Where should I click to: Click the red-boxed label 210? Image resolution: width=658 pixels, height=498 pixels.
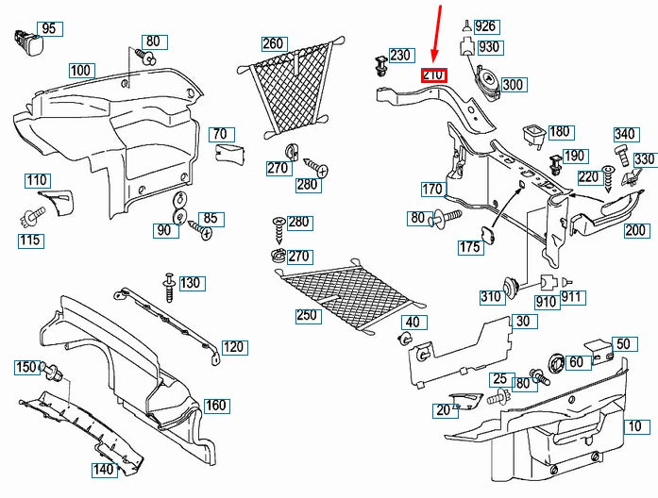pos(434,76)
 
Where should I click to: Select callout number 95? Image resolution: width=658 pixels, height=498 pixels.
pos(49,29)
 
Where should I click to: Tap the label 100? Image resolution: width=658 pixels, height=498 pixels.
pos(81,70)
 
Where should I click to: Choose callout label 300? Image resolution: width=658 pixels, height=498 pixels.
pos(513,85)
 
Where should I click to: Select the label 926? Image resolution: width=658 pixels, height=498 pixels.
pos(486,25)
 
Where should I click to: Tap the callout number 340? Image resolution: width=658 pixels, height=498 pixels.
pos(625,134)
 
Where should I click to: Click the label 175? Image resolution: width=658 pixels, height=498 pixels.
pos(470,248)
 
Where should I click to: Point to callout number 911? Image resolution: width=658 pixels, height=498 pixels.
pos(599,297)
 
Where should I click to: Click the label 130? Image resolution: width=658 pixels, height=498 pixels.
pos(191,283)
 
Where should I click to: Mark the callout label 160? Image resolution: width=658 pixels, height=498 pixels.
pos(216,406)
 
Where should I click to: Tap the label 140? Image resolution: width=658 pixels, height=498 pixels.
pos(102,469)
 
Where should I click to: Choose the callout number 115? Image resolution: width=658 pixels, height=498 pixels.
pos(29,241)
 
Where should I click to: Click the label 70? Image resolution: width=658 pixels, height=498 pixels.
pos(219,134)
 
